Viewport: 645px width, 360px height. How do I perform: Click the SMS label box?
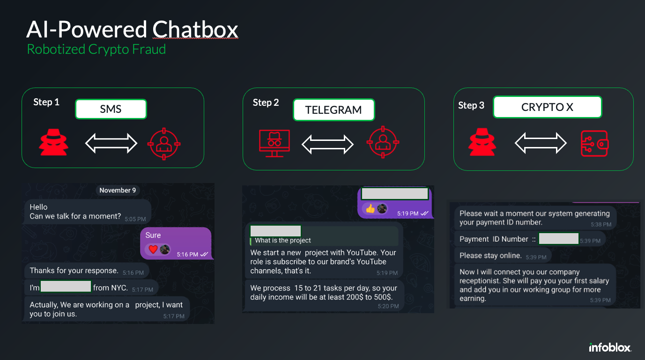point(111,110)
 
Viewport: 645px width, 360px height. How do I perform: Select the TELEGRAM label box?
point(334,110)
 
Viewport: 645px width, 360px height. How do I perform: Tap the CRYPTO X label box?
point(547,107)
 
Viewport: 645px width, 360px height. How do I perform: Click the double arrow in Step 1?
point(111,143)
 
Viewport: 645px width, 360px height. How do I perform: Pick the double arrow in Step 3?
point(541,143)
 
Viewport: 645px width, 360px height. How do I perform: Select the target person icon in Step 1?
point(164,143)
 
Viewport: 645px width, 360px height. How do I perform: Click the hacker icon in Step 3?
point(482,142)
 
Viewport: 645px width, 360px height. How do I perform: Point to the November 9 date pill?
point(118,190)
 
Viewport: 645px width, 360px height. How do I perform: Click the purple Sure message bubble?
point(176,243)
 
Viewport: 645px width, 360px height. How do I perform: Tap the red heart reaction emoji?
point(153,250)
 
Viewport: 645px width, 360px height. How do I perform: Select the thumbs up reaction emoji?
point(371,209)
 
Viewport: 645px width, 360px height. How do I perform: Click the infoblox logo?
point(610,347)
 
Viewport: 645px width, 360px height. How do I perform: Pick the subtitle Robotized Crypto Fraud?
point(96,49)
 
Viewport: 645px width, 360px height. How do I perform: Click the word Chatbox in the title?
point(195,30)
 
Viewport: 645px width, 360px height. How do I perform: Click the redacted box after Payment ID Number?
point(558,238)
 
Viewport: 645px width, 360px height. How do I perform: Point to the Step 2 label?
point(266,103)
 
